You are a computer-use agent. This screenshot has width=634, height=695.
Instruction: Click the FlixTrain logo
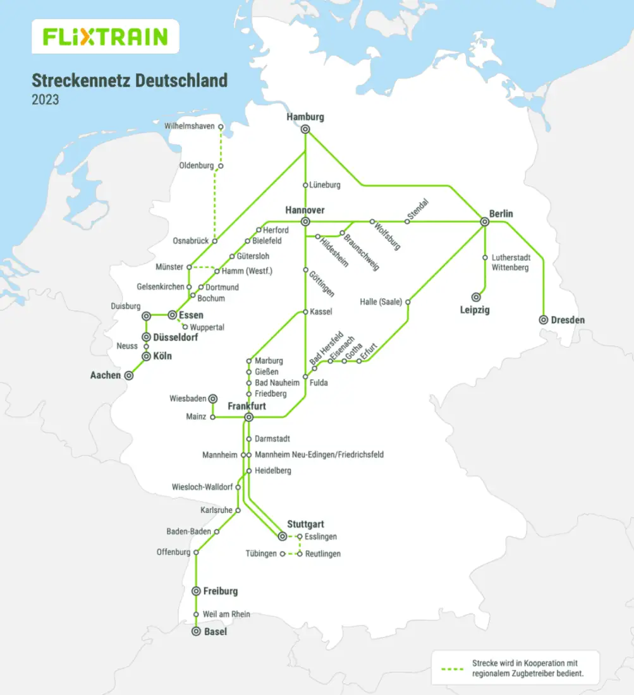105,37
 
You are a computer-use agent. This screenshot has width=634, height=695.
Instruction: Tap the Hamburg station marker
305,129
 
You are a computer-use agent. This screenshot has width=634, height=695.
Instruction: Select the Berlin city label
501,214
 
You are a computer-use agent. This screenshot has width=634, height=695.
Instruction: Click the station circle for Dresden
543,320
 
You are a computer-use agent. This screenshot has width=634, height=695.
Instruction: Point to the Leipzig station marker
475,297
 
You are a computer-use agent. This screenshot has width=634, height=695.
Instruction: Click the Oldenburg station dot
221,166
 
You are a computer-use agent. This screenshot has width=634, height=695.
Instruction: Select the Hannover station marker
305,222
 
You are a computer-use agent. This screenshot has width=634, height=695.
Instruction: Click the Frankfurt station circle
249,417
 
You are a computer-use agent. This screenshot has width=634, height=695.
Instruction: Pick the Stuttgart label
305,524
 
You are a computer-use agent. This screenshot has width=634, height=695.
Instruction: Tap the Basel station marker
196,632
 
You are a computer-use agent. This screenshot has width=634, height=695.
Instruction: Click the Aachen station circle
129,375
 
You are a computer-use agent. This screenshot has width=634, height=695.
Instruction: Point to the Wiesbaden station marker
213,399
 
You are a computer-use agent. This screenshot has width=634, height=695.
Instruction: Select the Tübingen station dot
283,554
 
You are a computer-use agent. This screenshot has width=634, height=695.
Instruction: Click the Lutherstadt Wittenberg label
510,263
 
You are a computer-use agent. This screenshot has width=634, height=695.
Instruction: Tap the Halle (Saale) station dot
408,302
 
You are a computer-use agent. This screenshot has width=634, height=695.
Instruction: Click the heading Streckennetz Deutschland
130,81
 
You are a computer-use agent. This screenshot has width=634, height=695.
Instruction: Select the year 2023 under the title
46,100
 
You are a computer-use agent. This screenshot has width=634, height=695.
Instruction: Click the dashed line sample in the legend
454,668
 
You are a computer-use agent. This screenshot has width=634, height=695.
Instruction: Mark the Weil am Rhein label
226,614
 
